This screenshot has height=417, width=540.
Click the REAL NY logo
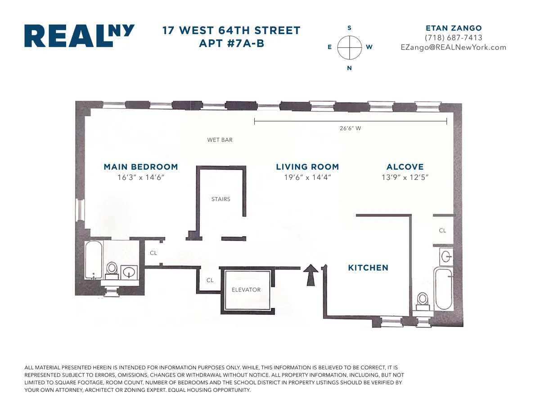[79, 36]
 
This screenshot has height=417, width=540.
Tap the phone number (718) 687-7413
[453, 38]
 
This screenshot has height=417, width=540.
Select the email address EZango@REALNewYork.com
[453, 47]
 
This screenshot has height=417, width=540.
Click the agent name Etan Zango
[453, 28]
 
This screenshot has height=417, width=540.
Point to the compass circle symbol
[350, 47]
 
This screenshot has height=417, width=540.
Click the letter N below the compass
[350, 68]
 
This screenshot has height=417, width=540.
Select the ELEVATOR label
[246, 290]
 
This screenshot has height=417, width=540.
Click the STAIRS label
[221, 199]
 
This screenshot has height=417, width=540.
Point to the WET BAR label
[220, 140]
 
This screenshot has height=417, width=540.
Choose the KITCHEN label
[368, 268]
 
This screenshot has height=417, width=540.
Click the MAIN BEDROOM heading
[141, 167]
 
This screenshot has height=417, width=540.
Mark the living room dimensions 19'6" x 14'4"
[307, 178]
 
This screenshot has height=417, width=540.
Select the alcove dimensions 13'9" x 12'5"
[405, 178]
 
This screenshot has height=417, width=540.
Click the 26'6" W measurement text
[350, 128]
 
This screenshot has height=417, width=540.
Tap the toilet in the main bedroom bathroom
[112, 269]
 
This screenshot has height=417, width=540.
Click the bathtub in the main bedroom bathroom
[94, 260]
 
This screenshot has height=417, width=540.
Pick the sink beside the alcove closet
[446, 256]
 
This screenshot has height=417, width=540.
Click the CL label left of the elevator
[210, 280]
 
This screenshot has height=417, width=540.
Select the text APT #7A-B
[231, 44]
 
